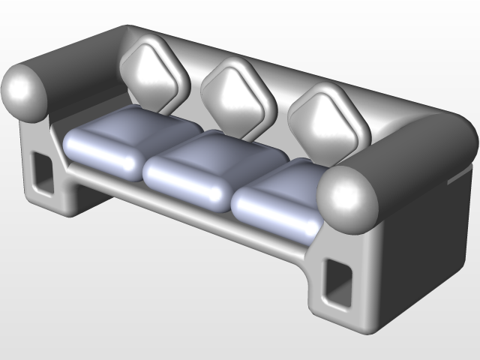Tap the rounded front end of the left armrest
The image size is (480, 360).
point(26,91)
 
